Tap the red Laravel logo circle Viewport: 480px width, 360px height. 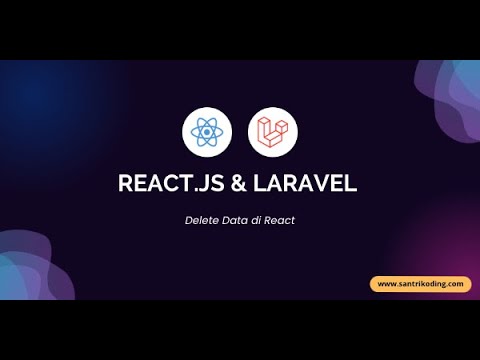tap(273, 130)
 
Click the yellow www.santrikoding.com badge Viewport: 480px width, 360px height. tap(420, 284)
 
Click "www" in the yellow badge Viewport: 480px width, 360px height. tap(387, 284)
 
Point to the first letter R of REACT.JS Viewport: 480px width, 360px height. tap(124, 184)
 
